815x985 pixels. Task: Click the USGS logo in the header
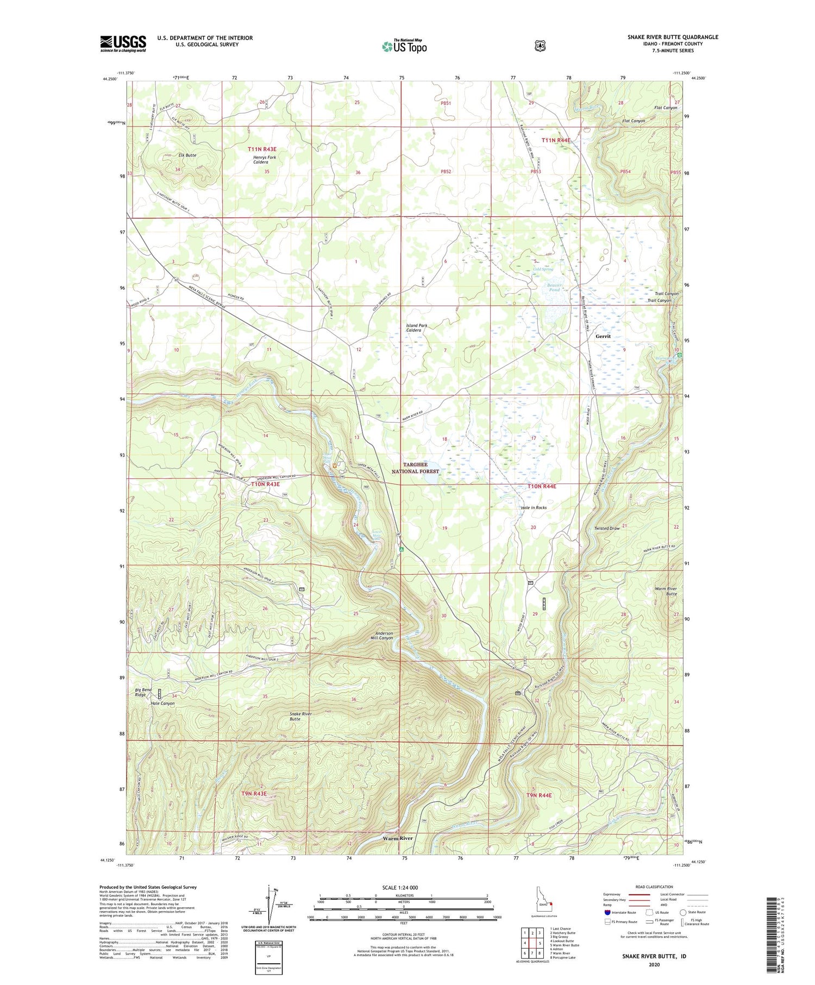tap(123, 43)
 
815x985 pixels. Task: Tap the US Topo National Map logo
tap(404, 46)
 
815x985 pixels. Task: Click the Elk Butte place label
tap(187, 155)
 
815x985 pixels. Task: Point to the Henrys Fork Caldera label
tap(265, 160)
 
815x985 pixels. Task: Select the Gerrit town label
tap(603, 336)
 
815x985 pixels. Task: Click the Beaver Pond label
tap(554, 287)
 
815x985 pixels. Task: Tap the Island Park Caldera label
tap(417, 328)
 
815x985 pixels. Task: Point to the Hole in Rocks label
tap(534, 507)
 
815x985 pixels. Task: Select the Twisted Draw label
tap(606, 528)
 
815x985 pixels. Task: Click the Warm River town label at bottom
tap(398, 838)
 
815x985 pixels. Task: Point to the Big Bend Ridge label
tap(143, 692)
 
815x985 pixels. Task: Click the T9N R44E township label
tap(538, 795)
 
